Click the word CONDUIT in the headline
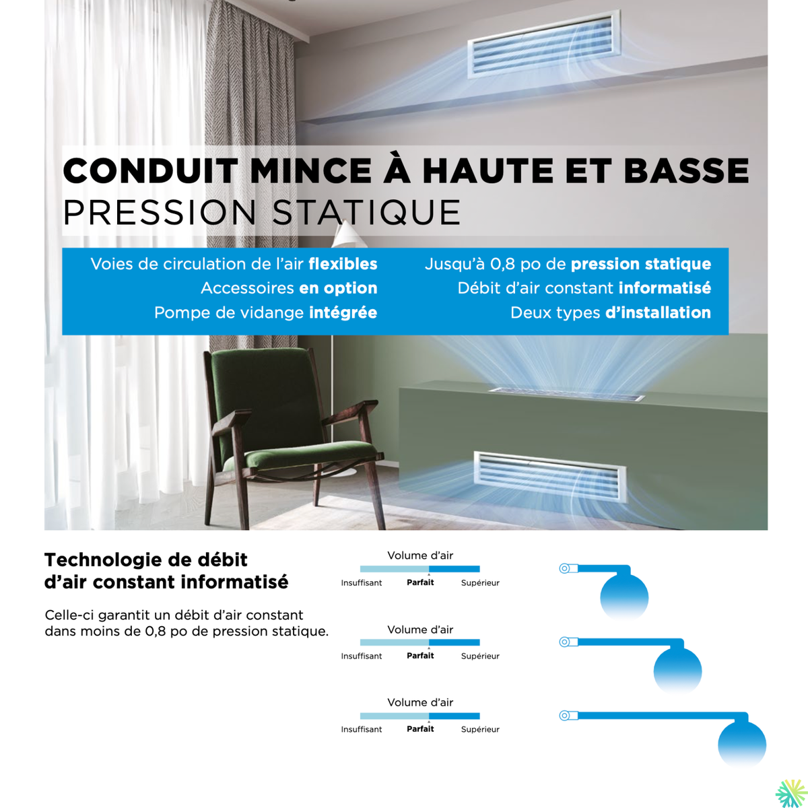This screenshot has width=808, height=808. coord(150,171)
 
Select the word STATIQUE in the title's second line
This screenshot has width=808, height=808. coord(367,213)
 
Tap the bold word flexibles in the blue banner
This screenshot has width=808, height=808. coord(343,264)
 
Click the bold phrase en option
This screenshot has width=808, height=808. coord(338,288)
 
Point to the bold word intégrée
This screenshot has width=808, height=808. coord(343,312)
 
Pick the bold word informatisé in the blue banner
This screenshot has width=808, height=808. coord(665,288)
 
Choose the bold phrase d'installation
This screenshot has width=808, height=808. coord(658,312)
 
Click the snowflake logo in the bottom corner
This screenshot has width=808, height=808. coord(790,793)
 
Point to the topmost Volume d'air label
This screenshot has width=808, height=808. coord(420,555)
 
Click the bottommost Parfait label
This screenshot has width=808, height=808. coord(420,729)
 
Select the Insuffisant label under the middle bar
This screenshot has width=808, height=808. coord(362,656)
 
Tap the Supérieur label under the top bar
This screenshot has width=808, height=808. coord(480,583)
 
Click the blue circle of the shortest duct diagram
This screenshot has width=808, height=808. coord(624,596)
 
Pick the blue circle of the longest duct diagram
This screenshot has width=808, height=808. coord(742,743)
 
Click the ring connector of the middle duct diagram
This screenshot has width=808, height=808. coord(565,642)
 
